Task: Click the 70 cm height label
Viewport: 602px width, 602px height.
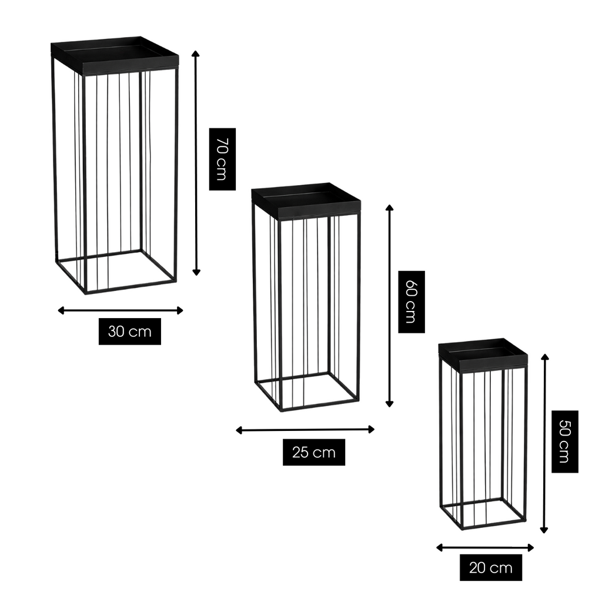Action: coord(222,159)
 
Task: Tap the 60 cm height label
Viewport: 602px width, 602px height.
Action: coord(412,302)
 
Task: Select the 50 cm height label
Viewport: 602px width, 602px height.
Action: coord(565,442)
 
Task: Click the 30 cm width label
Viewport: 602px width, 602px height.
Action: coord(130,332)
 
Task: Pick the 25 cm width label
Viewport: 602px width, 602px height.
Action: coord(314,452)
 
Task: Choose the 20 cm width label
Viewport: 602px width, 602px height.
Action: coord(491,567)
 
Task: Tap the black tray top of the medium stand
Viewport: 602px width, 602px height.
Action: coord(306,200)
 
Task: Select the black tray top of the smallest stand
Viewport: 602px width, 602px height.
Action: coord(483,354)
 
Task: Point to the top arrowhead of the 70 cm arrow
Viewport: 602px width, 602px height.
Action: coord(196,53)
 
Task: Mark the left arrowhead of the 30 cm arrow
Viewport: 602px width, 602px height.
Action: coord(61,310)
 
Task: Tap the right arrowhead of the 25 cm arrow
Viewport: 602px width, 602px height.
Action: coord(372,430)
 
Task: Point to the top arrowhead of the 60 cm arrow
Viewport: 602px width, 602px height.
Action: coord(389,208)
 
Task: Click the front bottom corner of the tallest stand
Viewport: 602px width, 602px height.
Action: coord(85,293)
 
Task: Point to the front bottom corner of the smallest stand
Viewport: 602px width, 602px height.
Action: coord(462,529)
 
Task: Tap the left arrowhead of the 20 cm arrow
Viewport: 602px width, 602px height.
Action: coord(440,548)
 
